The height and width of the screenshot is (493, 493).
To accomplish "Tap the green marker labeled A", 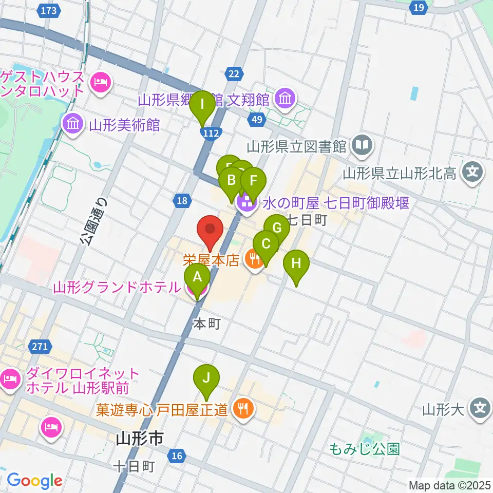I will tap(197, 277).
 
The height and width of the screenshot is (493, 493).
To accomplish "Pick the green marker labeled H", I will tap(296, 263).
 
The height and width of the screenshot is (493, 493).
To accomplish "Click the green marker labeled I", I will tap(202, 104).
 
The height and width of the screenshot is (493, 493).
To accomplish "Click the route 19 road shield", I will tap(419, 7).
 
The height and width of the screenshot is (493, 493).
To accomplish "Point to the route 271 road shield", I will tap(40, 347).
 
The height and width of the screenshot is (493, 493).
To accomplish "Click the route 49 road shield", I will tap(257, 120).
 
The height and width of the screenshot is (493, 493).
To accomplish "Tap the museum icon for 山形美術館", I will tap(73, 124).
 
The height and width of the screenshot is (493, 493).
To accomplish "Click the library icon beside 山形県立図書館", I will tap(363, 146).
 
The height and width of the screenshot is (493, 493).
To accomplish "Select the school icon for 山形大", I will tap(480, 409).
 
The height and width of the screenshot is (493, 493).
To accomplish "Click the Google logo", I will tap(34, 481).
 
